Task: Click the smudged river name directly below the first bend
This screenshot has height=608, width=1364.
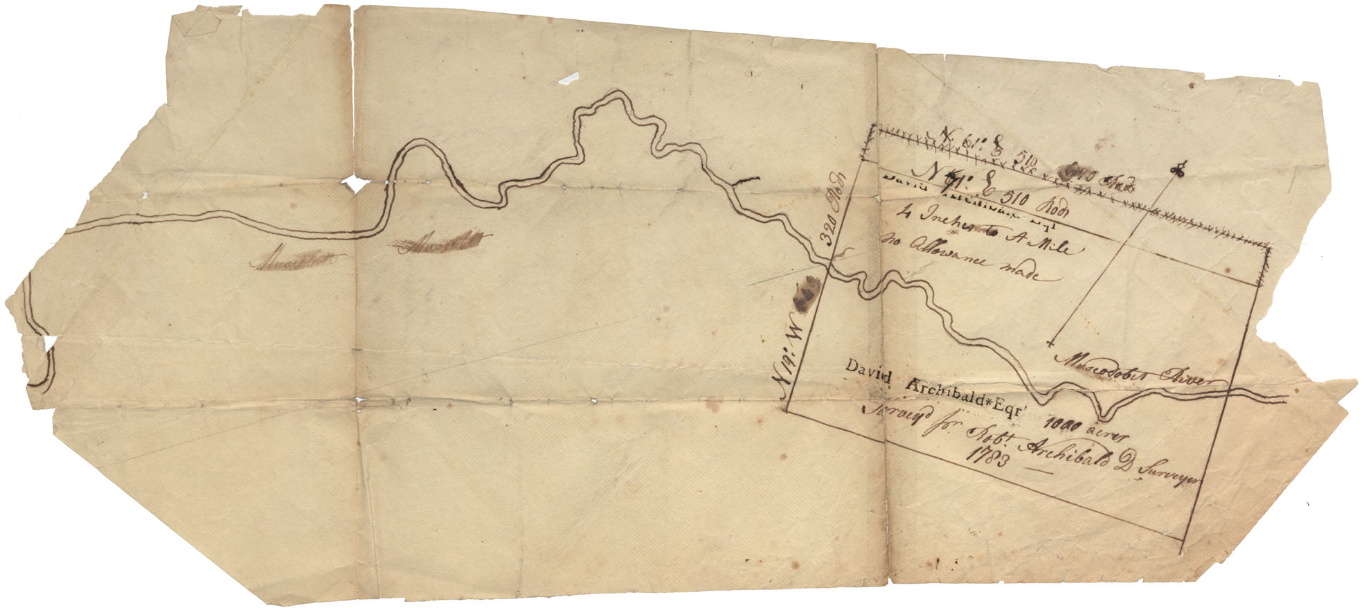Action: coord(440,242)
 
